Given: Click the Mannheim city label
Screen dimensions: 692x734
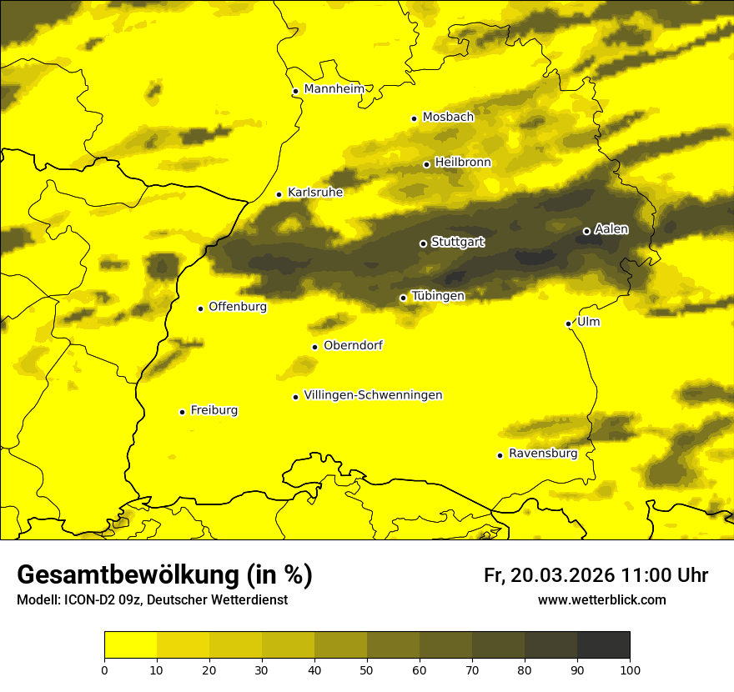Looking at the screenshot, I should click(334, 89).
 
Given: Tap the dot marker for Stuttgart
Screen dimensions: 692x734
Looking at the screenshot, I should click(423, 243).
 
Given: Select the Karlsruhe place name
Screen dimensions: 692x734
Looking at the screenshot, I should click(314, 193).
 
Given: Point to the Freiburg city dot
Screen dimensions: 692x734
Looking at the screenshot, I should click(182, 412).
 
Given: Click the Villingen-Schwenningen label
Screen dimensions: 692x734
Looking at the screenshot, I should click(373, 395).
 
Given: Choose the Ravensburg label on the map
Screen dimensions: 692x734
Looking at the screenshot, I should click(542, 454).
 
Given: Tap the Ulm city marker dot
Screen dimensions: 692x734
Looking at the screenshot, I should click(568, 323).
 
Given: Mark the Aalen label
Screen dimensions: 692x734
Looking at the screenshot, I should click(611, 229).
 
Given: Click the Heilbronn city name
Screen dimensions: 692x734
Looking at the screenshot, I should click(463, 163).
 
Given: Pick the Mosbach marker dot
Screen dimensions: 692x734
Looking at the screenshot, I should click(414, 118).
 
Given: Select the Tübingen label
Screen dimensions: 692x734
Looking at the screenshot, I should click(438, 296).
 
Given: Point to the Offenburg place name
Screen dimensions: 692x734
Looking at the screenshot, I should click(238, 307).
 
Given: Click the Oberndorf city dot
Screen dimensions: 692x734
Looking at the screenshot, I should click(314, 347).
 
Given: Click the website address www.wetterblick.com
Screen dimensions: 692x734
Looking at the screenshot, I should click(601, 600).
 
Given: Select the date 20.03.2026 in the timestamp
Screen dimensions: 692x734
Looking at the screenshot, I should click(563, 575).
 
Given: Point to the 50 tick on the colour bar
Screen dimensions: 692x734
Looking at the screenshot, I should click(367, 669).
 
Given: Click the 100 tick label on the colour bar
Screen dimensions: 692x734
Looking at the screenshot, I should click(630, 669).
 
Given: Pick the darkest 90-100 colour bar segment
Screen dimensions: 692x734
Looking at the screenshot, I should click(603, 644).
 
